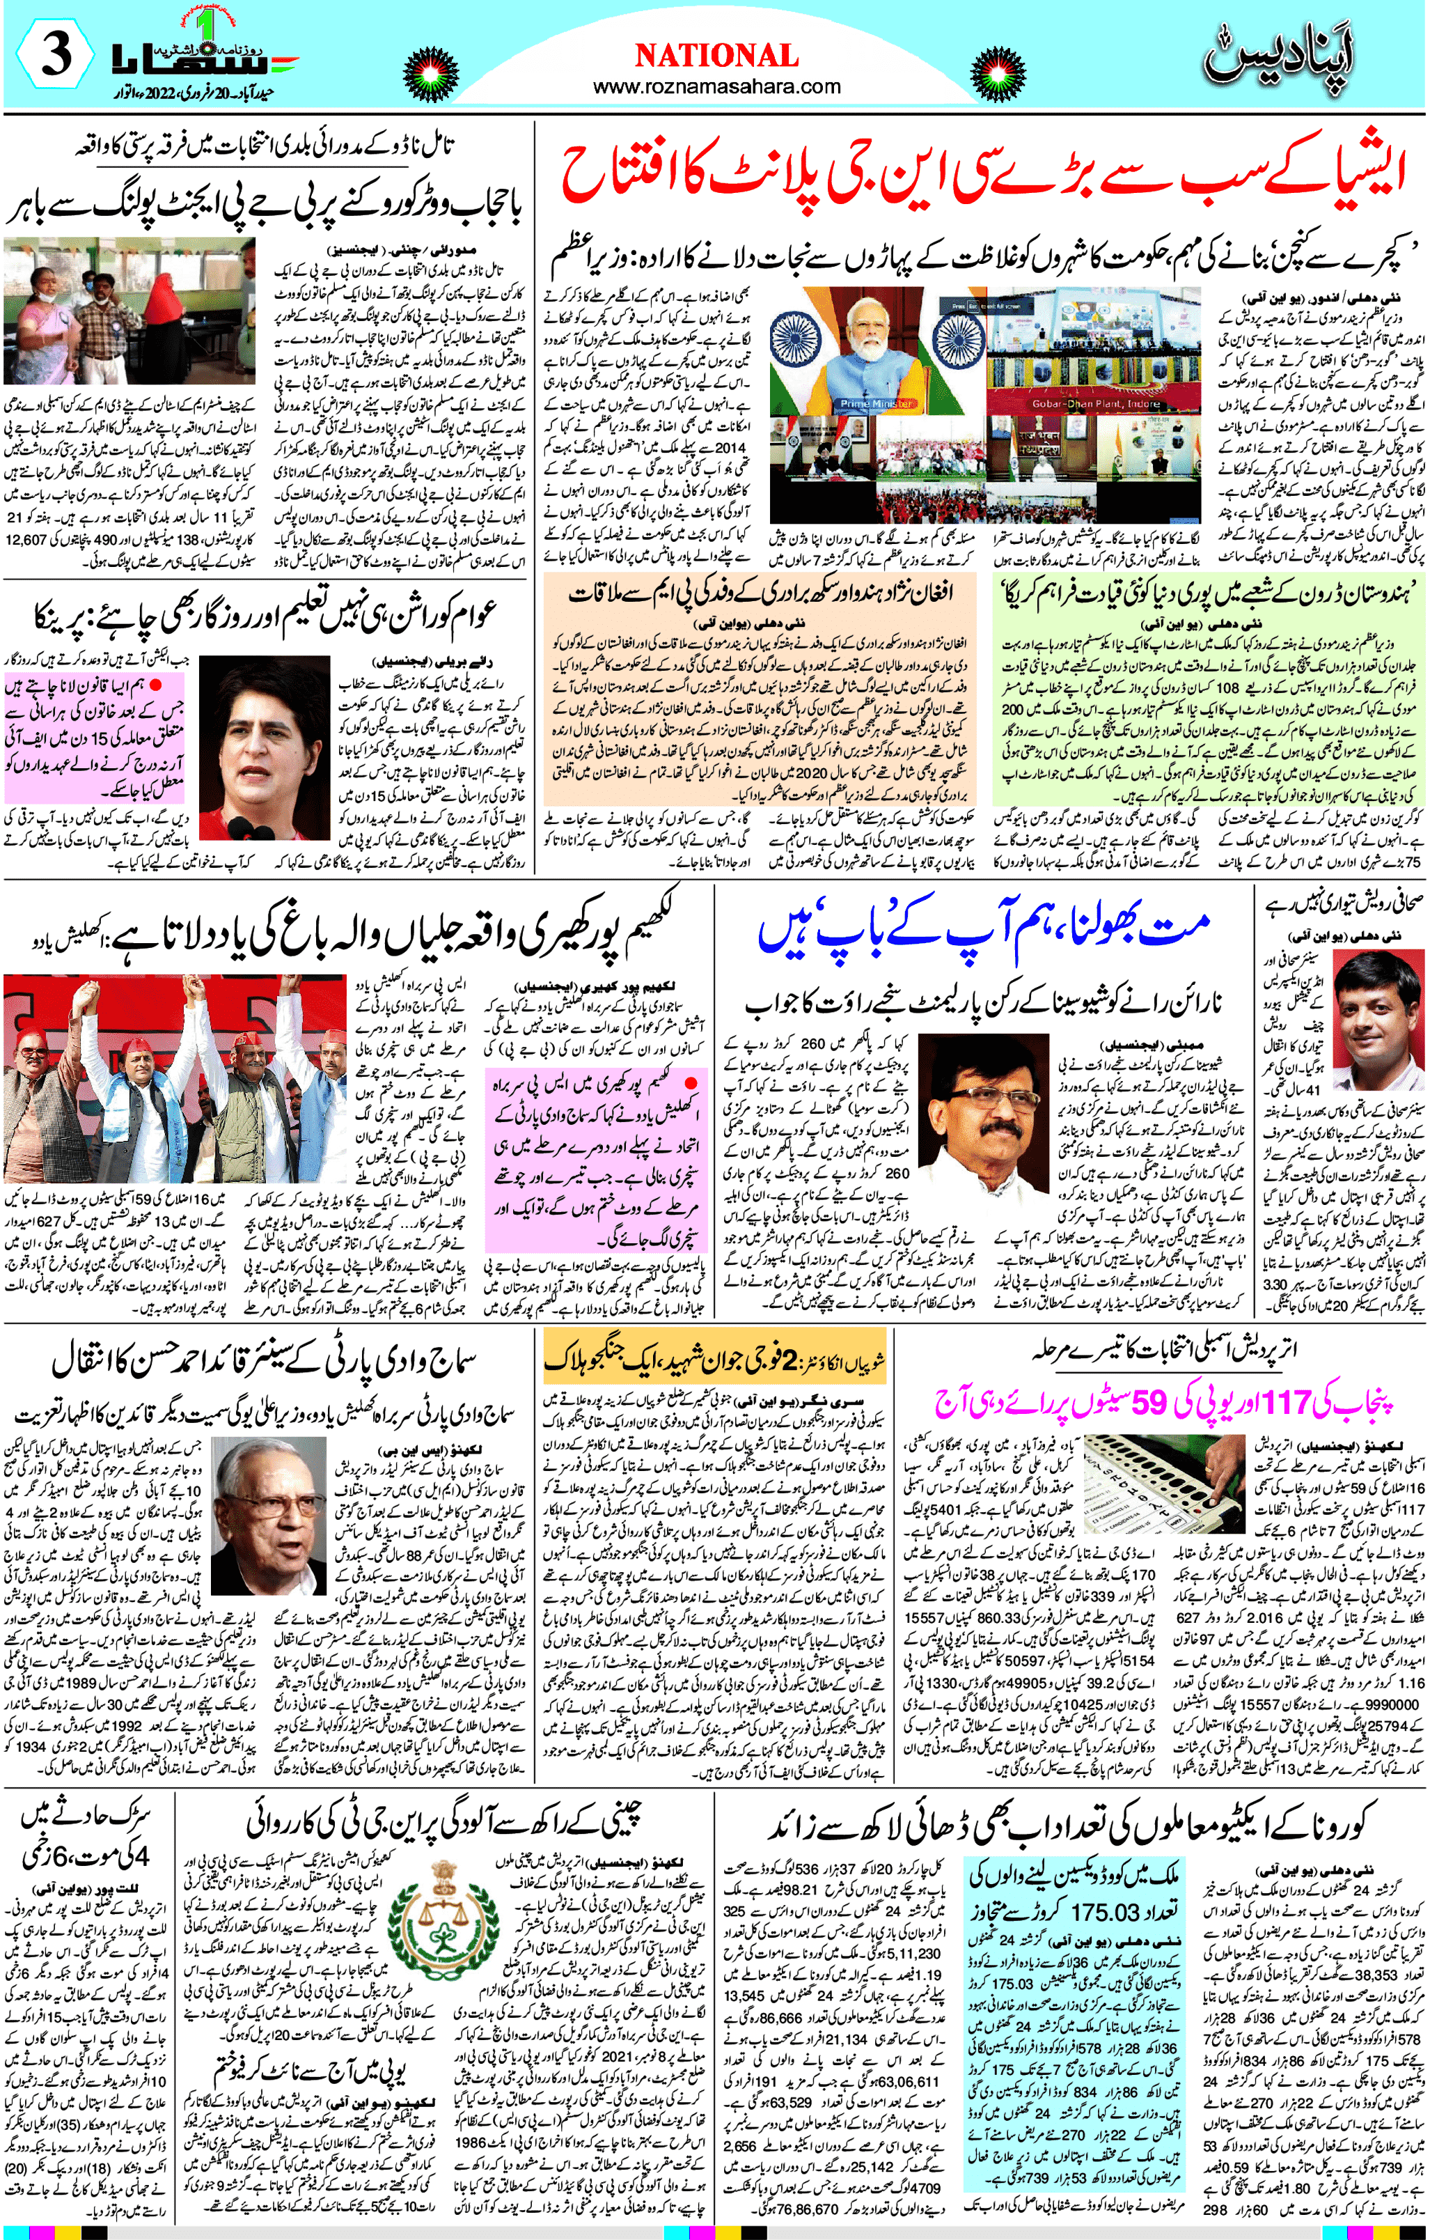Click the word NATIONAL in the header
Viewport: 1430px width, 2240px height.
[x=716, y=56]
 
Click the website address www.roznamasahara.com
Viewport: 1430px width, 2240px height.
[x=716, y=86]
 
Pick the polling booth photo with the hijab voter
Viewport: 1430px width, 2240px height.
[x=130, y=311]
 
